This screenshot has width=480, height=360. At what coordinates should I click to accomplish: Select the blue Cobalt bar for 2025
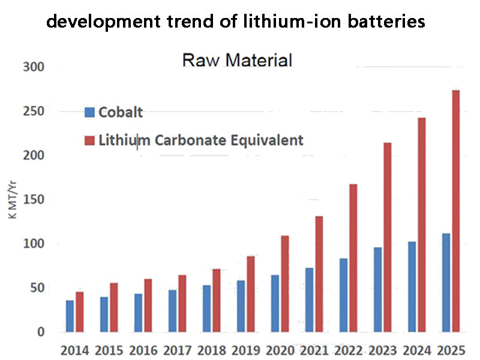pyautogui.click(x=446, y=283)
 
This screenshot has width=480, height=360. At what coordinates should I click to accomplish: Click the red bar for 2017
pyautogui.click(x=182, y=304)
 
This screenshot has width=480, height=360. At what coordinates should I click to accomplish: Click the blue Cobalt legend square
pyautogui.click(x=90, y=112)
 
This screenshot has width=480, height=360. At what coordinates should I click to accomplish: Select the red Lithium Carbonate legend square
pyautogui.click(x=90, y=140)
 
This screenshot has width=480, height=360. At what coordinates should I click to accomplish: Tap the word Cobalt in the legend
pyautogui.click(x=121, y=112)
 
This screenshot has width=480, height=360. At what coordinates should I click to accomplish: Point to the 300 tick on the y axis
pyautogui.click(x=32, y=67)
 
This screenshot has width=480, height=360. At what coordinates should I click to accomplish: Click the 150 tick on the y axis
pyautogui.click(x=32, y=199)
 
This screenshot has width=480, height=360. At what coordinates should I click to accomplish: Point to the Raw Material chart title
pyautogui.click(x=237, y=61)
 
